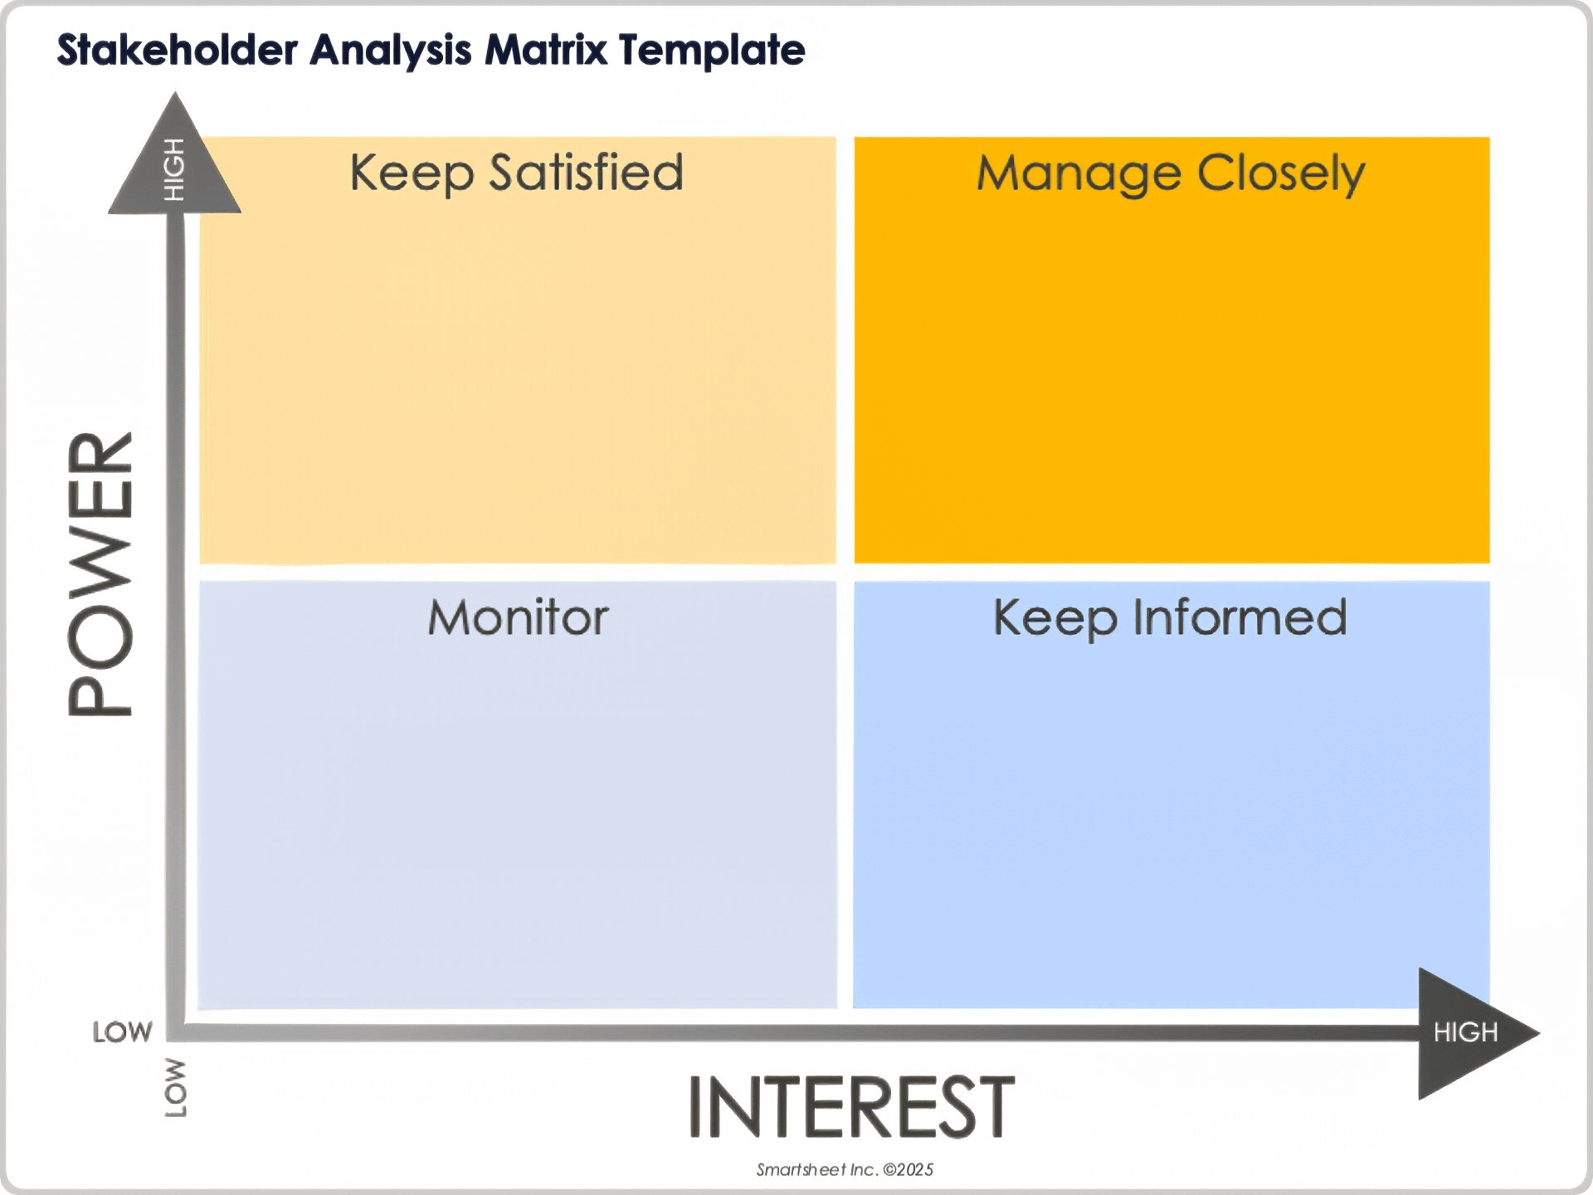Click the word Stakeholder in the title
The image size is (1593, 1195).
[177, 50]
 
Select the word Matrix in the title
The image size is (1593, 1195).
[546, 50]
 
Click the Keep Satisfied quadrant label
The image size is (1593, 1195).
[516, 173]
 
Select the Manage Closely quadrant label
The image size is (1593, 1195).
[1171, 173]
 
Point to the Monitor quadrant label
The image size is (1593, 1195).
[518, 617]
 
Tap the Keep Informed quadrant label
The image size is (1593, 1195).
[1170, 617]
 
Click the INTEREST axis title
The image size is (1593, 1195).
[851, 1106]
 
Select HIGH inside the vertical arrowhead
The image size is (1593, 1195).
[173, 169]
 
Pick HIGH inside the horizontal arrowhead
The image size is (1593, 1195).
[1465, 1032]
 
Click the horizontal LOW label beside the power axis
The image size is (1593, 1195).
[122, 1032]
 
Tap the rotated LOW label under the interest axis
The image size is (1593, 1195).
[175, 1087]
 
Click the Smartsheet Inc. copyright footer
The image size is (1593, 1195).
[845, 1169]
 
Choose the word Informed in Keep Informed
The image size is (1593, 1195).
[1240, 617]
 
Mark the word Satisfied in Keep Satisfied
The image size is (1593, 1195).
[586, 173]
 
